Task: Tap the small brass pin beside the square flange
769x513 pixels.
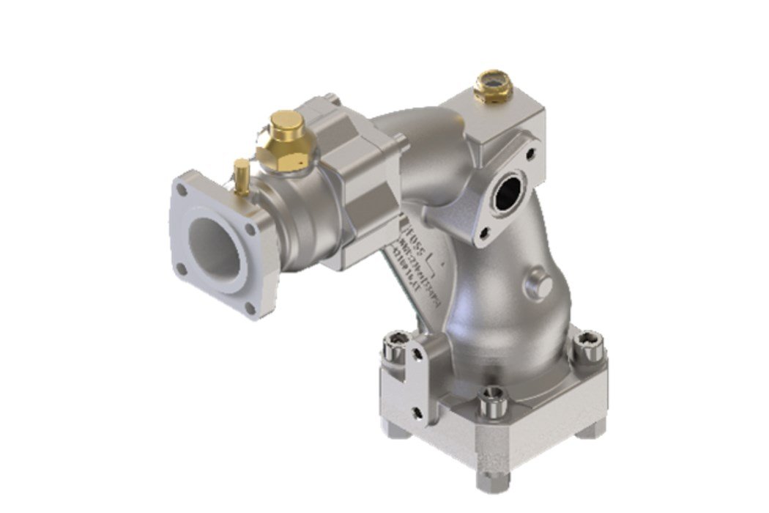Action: [x=241, y=177]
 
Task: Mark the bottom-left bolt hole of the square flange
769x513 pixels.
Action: [x=181, y=268]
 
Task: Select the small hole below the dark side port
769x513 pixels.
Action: [x=483, y=234]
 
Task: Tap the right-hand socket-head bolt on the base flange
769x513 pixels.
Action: [x=588, y=344]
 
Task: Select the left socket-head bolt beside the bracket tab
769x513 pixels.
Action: [x=398, y=343]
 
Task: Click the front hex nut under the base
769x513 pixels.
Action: [x=490, y=480]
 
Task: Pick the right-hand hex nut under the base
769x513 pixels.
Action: [x=590, y=428]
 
